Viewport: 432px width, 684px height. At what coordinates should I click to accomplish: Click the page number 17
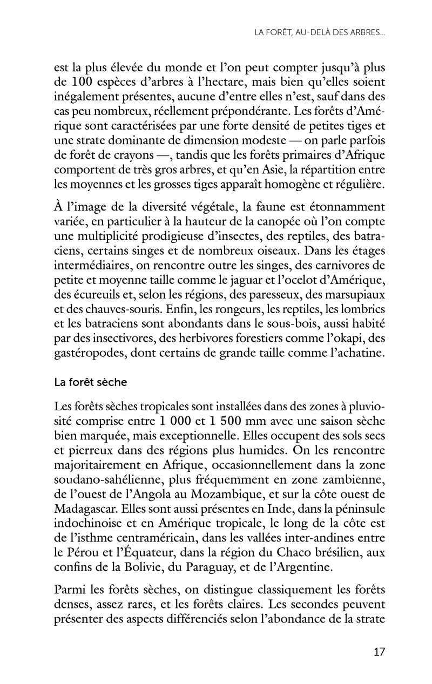[379, 651]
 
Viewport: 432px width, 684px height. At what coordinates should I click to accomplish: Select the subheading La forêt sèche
[90, 382]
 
